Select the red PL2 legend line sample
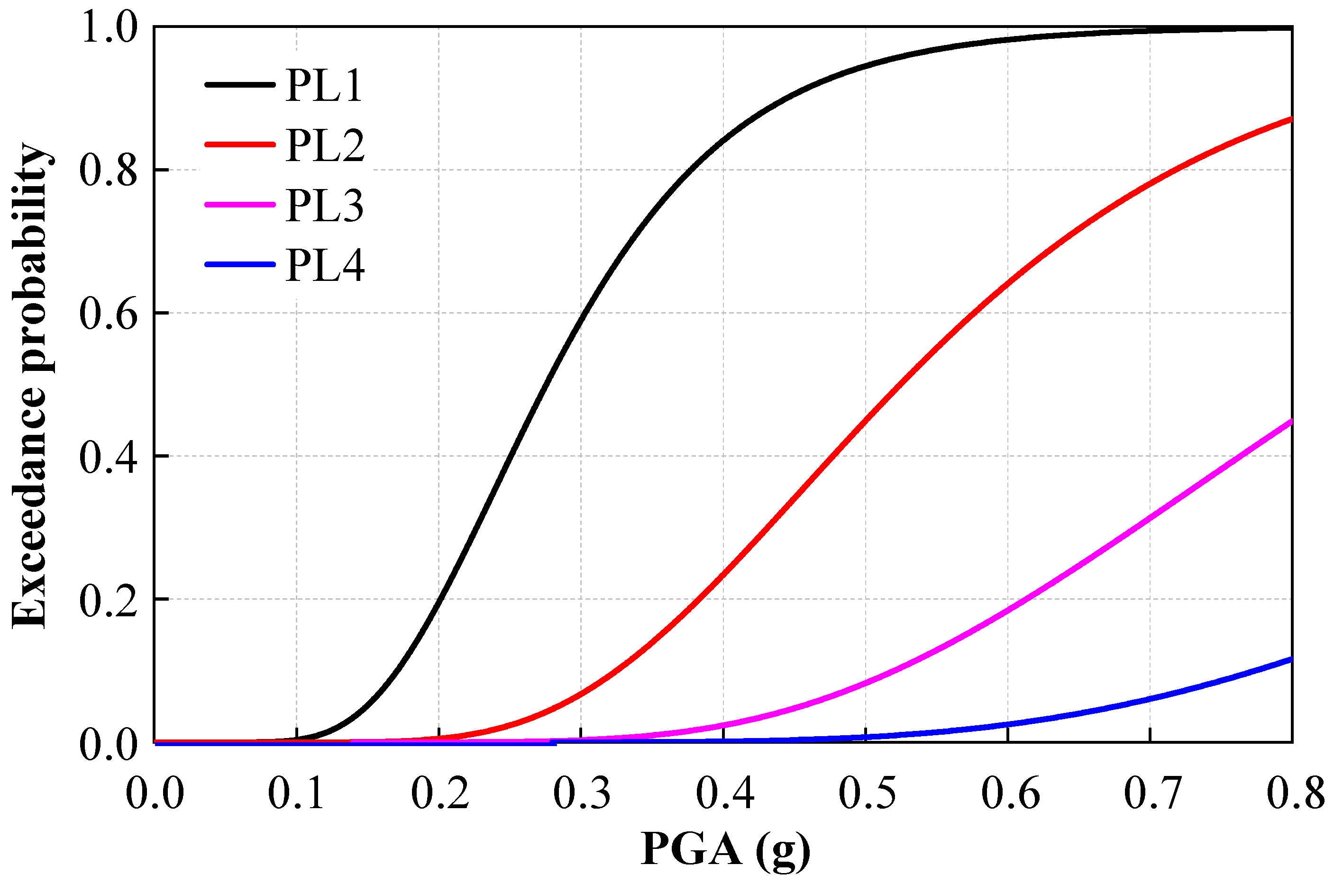(239, 145)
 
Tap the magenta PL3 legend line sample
(239, 205)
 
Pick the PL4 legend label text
(325, 265)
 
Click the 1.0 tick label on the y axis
(109, 27)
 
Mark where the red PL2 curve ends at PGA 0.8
(1290, 119)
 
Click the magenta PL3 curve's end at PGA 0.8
(1290, 421)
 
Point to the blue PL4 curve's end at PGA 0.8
(1290, 659)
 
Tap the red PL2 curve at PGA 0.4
(723, 575)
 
